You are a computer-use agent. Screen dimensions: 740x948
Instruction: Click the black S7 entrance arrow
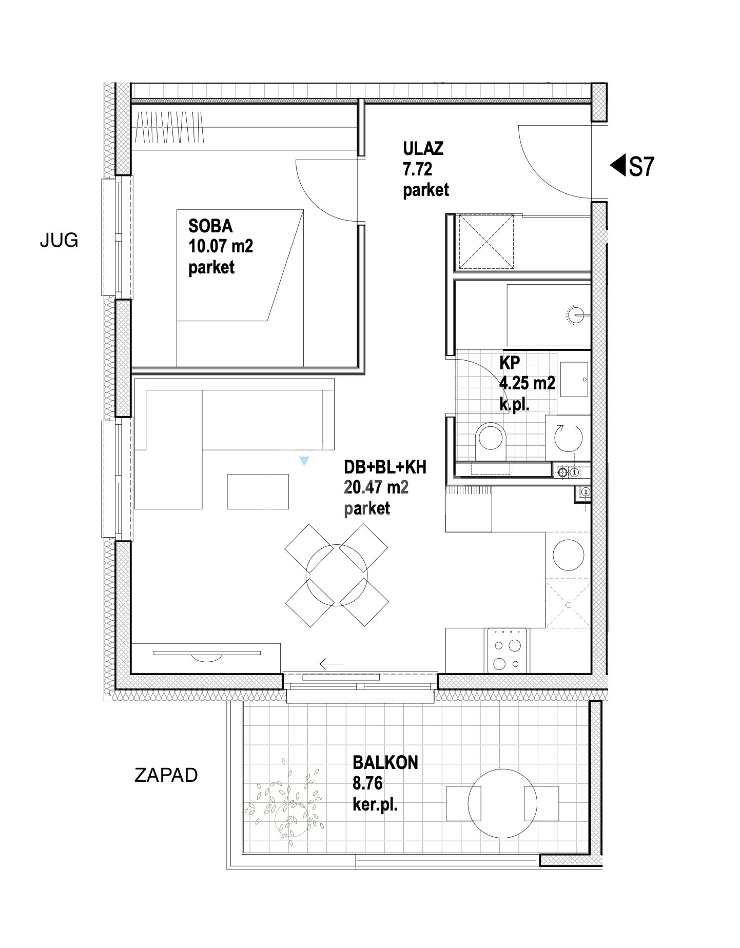pos(617,166)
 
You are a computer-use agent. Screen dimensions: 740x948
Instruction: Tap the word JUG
pos(59,240)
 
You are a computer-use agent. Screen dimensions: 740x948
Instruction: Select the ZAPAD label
pos(166,775)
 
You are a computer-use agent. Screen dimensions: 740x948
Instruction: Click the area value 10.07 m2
pos(221,246)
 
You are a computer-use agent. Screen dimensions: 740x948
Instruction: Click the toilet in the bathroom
pos(491,441)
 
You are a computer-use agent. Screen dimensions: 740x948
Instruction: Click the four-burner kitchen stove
pos(507,650)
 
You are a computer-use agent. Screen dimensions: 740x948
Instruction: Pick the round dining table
pos(337,575)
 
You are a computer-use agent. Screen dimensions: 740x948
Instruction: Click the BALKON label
pos(385,763)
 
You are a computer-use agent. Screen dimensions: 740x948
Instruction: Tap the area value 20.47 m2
pos(376,487)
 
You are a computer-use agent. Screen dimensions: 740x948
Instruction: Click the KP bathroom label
pos(509,363)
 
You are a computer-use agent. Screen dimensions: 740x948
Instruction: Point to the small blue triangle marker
pos(304,461)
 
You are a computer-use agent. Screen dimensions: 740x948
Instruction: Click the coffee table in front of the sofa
pos(258,491)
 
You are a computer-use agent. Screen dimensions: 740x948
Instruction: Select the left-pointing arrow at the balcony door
pos(331,664)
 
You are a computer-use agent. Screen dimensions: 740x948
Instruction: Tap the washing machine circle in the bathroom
pos(568,438)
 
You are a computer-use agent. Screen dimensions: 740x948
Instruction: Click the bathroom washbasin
pos(574,379)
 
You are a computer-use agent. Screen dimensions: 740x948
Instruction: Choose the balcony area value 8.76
pos(367,783)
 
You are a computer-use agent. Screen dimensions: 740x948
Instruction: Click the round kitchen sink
pos(568,555)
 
